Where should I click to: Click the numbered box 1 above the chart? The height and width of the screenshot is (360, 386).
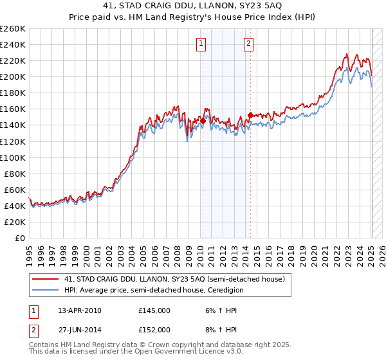pos(201,44)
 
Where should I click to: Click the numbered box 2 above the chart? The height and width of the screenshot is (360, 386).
pos(248,44)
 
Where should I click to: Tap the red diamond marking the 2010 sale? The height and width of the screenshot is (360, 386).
pos(203,120)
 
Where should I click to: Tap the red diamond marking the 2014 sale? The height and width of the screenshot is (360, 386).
pos(250,115)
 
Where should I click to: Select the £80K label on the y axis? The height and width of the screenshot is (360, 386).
pos(15,174)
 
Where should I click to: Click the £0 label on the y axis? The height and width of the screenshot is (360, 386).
pos(21,238)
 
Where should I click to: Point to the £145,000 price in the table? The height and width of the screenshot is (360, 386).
pos(154,310)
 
